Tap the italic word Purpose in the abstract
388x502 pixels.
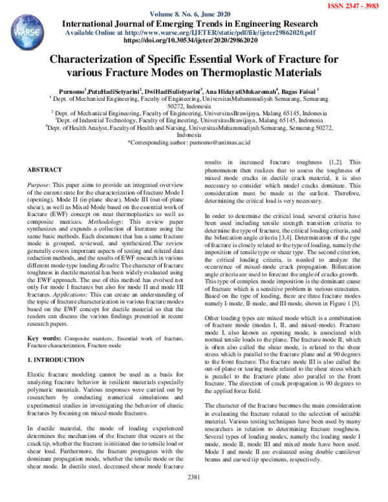[x=39, y=184]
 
